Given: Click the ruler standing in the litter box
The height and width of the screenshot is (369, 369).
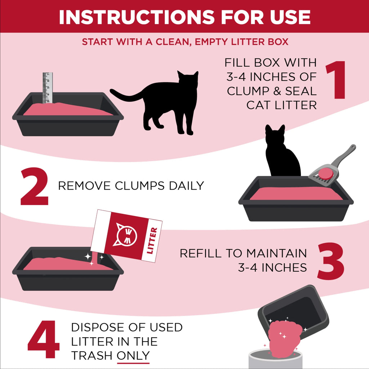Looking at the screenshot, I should click(x=48, y=88).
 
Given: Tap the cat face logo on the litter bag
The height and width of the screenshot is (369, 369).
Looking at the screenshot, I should click(x=125, y=235).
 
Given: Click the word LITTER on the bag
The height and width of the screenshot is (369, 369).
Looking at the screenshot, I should click(x=152, y=240).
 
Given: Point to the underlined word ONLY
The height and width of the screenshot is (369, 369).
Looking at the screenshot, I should click(x=133, y=355).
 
